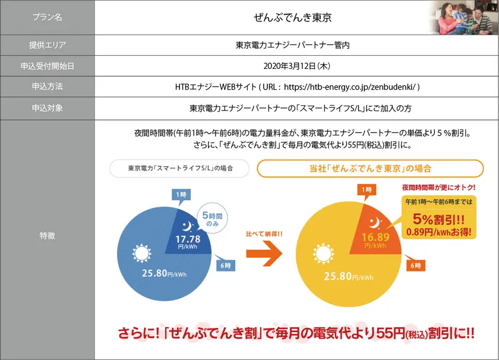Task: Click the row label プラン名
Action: (x=46, y=17)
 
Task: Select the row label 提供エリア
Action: (x=46, y=45)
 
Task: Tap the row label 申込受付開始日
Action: (x=46, y=66)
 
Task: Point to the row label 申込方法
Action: (x=46, y=87)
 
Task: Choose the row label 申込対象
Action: (x=46, y=109)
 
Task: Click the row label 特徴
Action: (x=46, y=236)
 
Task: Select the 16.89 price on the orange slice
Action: (x=374, y=238)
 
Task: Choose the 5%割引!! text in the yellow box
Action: (x=439, y=218)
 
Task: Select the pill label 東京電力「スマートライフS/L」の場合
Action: (x=179, y=168)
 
